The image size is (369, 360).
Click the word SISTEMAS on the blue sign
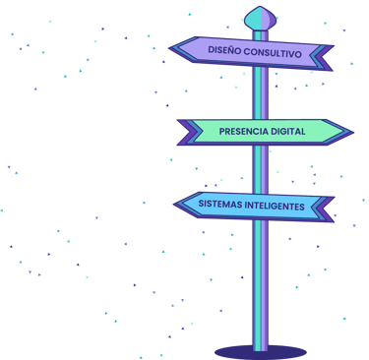tap(220, 206)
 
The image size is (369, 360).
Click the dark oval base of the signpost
tap(260, 351)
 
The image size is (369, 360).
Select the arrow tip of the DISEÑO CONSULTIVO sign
tap(173, 47)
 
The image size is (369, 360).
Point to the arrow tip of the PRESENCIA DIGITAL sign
tap(349, 132)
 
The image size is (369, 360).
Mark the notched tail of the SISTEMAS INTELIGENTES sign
tap(329, 209)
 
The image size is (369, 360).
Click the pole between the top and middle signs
tap(260, 94)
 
